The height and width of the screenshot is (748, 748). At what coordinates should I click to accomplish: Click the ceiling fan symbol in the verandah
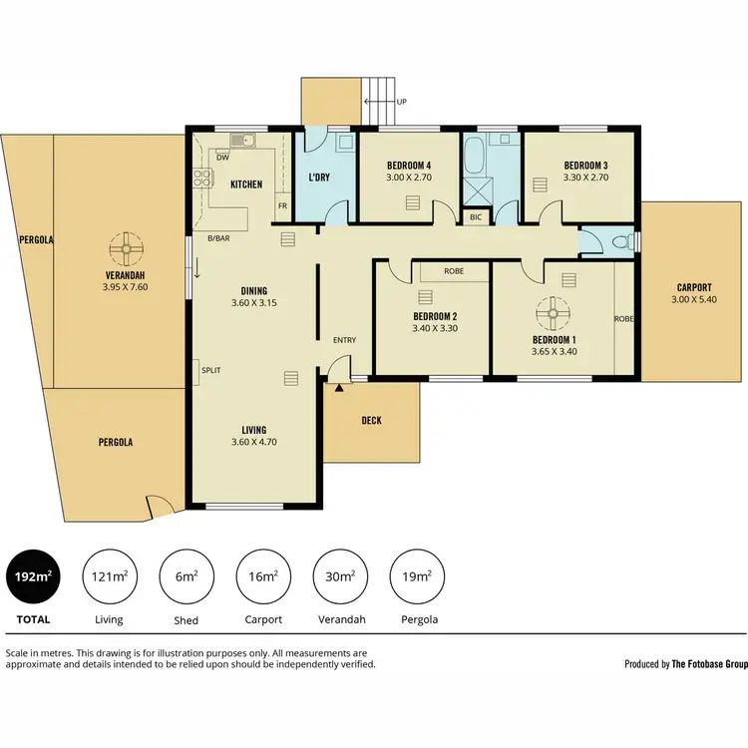pyautogui.click(x=125, y=245)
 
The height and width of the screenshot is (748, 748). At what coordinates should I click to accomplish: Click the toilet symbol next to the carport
pyautogui.click(x=620, y=241)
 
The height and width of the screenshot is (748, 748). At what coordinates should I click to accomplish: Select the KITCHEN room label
pyautogui.click(x=246, y=185)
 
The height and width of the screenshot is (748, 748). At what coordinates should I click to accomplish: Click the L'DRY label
pyautogui.click(x=319, y=179)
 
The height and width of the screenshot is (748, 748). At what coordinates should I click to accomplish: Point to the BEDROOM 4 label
pyautogui.click(x=408, y=166)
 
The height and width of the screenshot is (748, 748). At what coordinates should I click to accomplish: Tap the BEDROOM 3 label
pyautogui.click(x=585, y=166)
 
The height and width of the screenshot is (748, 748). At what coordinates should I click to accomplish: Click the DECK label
pyautogui.click(x=371, y=420)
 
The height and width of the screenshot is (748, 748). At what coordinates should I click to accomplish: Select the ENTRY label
pyautogui.click(x=344, y=340)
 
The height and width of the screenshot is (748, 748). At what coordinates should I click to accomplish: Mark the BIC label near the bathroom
pyautogui.click(x=475, y=216)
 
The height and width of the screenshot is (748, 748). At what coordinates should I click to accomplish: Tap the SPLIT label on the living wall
pyautogui.click(x=210, y=370)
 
